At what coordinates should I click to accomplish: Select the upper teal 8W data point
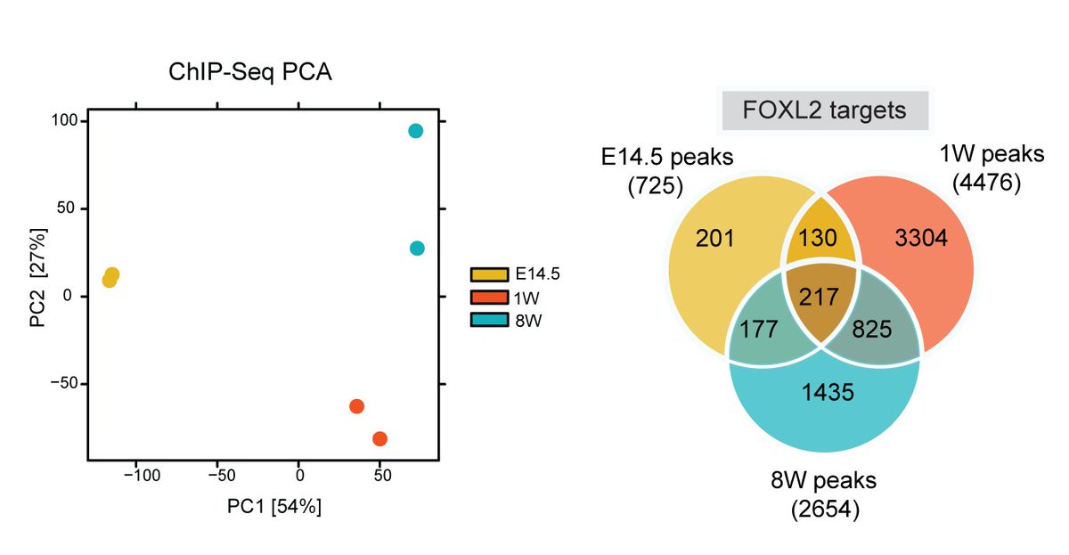point(415,131)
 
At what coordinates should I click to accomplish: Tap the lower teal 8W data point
point(417,248)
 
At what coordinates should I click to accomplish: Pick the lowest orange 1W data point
point(380,438)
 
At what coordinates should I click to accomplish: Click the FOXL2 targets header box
point(824,110)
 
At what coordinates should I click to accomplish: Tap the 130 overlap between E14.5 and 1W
point(818,238)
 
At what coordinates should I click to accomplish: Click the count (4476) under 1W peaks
point(984,184)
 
